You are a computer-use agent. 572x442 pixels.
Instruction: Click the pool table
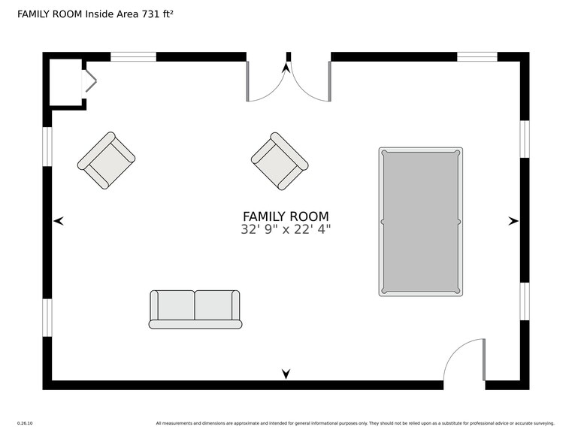[420, 221]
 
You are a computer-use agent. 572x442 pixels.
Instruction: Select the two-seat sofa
[195, 309]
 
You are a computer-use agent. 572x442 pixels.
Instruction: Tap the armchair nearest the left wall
[106, 160]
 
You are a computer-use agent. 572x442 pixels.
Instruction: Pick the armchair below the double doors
[280, 161]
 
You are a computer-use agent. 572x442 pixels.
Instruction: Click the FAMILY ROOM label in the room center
[286, 216]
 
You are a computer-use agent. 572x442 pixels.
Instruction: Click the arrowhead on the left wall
[59, 221]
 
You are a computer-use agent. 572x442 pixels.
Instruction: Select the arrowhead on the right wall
[513, 221]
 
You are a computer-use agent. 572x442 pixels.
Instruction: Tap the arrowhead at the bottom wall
[286, 374]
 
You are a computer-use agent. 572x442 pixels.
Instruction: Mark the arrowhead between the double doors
[286, 68]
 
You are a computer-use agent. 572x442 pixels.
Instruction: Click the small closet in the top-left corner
[65, 82]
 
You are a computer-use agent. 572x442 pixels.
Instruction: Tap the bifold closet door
[89, 81]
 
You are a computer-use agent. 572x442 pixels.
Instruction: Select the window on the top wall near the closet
[133, 56]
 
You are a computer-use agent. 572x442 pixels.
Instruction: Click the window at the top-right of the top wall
[477, 56]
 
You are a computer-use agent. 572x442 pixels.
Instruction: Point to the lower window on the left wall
[47, 317]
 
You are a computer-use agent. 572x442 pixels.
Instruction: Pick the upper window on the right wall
[525, 139]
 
